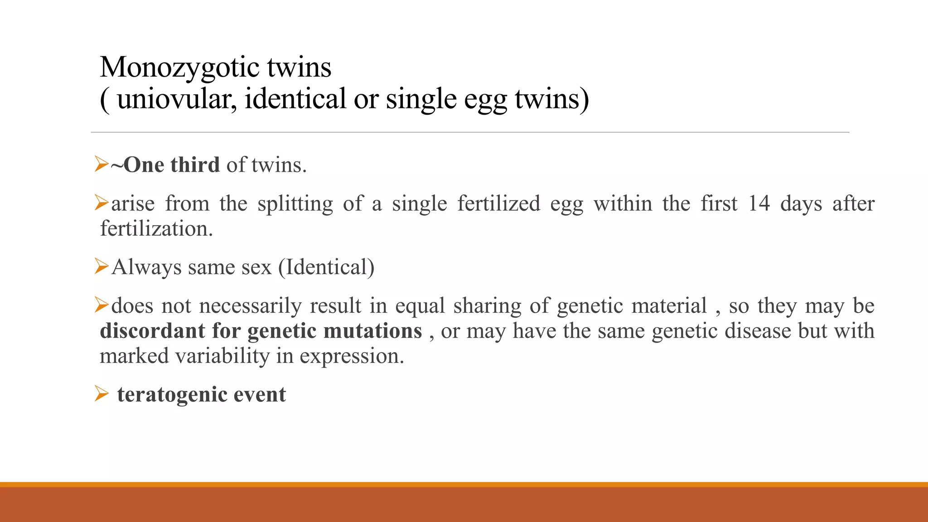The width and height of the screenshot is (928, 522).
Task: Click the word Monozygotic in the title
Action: coord(179,68)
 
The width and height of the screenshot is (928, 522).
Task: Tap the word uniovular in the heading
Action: coord(177,99)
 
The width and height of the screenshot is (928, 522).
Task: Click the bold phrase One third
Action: coord(171,164)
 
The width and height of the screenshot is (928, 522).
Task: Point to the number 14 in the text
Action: coord(759,203)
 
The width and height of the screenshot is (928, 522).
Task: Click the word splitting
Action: coord(295,204)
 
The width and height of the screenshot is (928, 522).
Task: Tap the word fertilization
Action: coord(156,228)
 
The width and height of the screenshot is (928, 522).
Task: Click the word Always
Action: coord(146,267)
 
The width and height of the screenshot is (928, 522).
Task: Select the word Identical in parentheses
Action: coord(326,267)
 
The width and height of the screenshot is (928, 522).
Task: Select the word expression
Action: coord(352,357)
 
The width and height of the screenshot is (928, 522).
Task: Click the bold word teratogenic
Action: coord(171,395)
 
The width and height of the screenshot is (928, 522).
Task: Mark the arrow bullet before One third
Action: coord(101,164)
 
